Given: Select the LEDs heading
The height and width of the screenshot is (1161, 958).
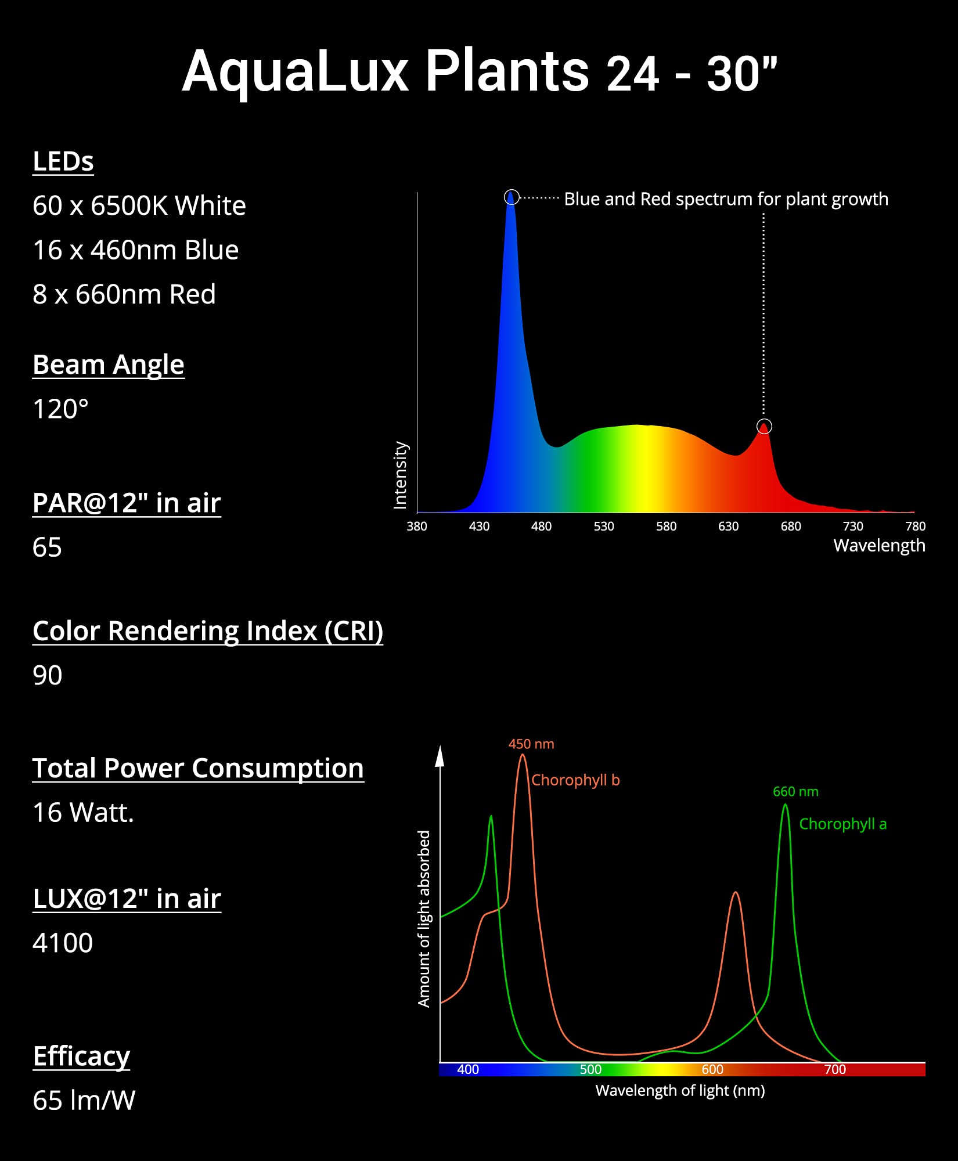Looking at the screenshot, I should [63, 161].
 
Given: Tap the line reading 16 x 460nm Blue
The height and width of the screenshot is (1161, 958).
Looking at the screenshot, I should [135, 250].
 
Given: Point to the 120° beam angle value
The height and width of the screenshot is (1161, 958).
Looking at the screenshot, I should [60, 409].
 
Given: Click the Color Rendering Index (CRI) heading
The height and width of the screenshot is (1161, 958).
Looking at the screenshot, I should [207, 631].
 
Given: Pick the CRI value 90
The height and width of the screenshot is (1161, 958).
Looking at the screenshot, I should [47, 676].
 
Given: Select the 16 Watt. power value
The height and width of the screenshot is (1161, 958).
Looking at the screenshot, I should [83, 813].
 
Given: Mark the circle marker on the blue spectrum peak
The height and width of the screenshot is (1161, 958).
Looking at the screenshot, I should [511, 197].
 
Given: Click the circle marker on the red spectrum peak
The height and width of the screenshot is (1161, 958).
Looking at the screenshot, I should [764, 427].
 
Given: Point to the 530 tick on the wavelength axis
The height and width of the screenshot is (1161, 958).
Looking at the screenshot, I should [604, 527].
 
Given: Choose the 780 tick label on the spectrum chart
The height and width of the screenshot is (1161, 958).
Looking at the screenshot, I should [915, 527].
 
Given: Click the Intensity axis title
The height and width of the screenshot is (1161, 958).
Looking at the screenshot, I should [401, 475].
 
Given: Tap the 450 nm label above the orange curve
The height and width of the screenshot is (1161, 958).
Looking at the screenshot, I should [531, 744].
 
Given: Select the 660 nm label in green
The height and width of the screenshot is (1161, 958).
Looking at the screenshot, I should [795, 792].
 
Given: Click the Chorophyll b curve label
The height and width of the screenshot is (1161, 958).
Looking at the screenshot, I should [575, 780].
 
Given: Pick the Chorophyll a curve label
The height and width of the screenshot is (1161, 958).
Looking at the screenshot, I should [842, 824].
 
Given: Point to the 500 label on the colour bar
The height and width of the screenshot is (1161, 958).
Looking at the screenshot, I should [590, 1069].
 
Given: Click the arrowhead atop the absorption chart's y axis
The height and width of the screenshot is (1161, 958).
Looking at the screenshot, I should [440, 756].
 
